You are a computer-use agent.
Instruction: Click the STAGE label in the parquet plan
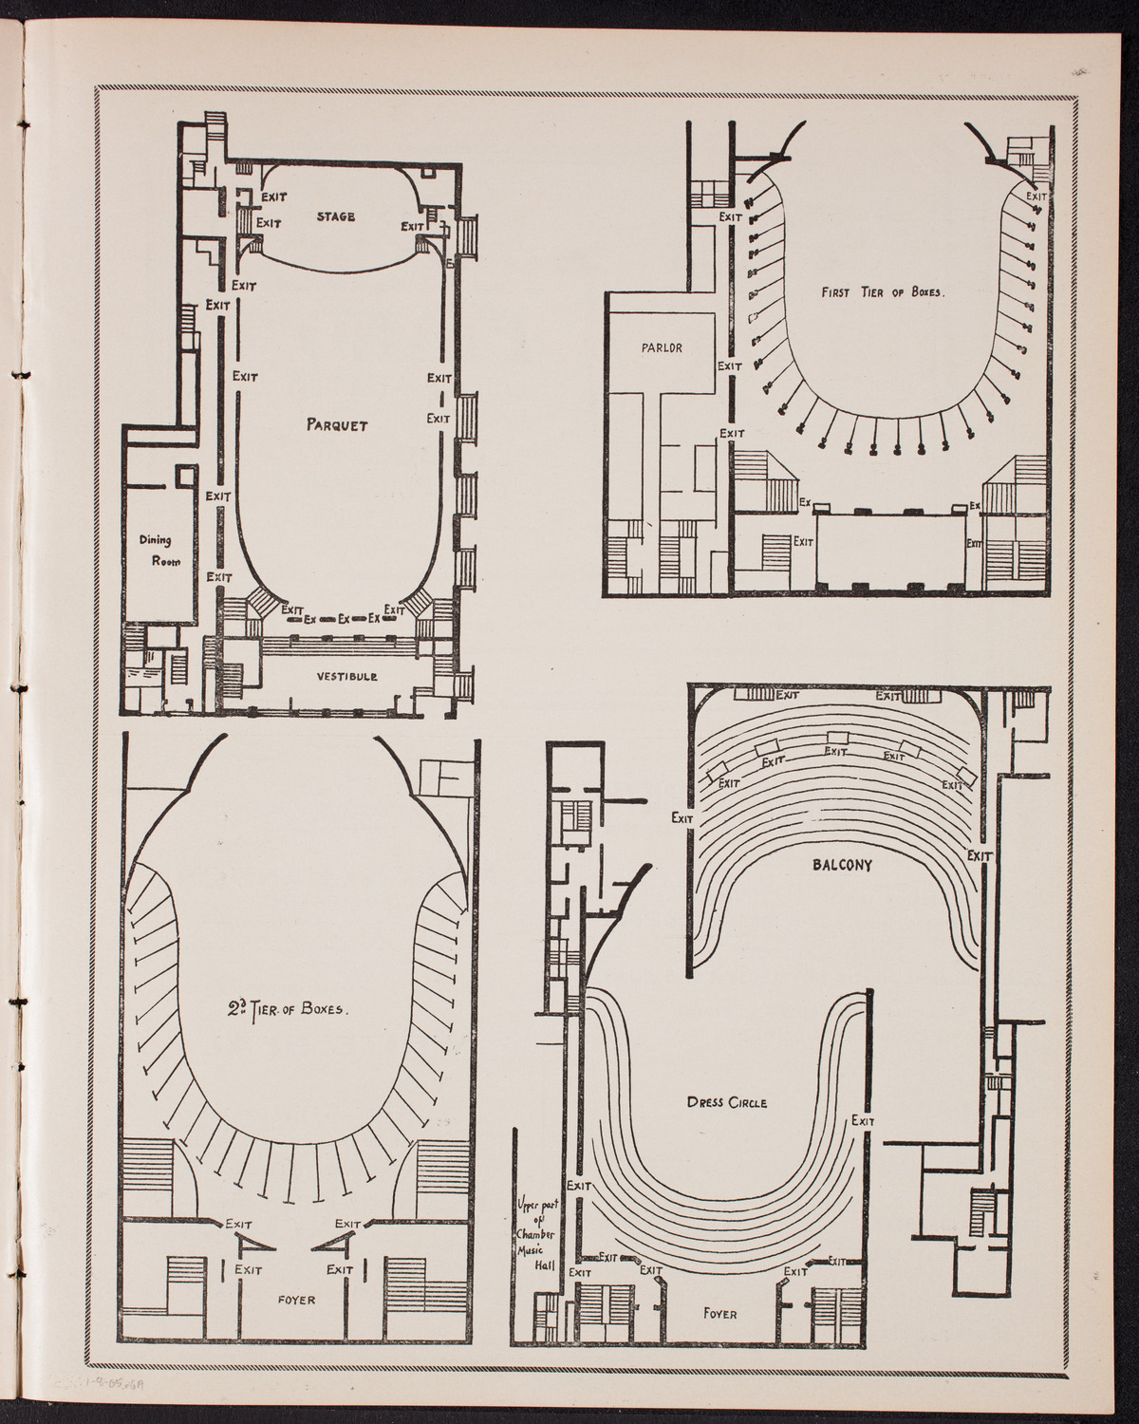(x=336, y=216)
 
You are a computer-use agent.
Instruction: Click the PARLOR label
(x=662, y=347)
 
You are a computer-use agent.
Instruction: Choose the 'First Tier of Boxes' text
(x=883, y=293)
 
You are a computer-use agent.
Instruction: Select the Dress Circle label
(x=726, y=1103)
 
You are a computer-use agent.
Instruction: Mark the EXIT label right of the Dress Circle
(x=863, y=1121)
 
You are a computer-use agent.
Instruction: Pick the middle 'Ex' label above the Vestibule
(x=342, y=618)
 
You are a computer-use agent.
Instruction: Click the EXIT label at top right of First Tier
(x=1036, y=197)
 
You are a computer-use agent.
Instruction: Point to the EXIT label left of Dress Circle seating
(x=578, y=1186)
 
